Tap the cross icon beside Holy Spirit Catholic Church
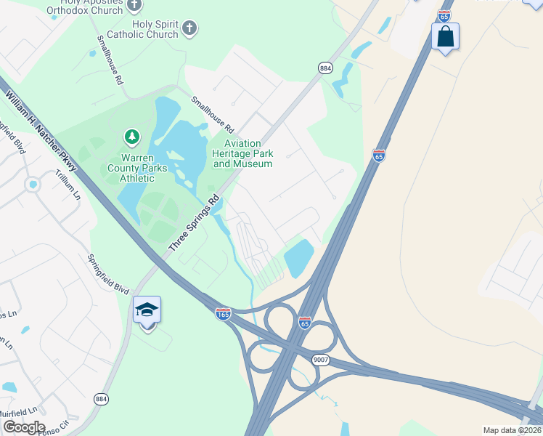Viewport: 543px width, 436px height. pyautogui.click(x=189, y=28)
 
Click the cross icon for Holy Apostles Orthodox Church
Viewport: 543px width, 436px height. pyautogui.click(x=134, y=6)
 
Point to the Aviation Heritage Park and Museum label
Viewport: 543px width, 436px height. pyautogui.click(x=242, y=153)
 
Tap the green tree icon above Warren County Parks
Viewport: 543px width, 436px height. pyautogui.click(x=131, y=137)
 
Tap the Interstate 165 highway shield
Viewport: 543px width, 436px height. pyautogui.click(x=224, y=313)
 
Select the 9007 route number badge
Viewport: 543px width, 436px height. pyautogui.click(x=322, y=359)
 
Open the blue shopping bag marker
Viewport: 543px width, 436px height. pyautogui.click(x=445, y=36)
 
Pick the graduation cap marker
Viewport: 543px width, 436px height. pyautogui.click(x=147, y=311)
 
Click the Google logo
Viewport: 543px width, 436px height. pyautogui.click(x=23, y=427)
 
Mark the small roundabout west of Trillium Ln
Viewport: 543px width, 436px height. pyautogui.click(x=31, y=185)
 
